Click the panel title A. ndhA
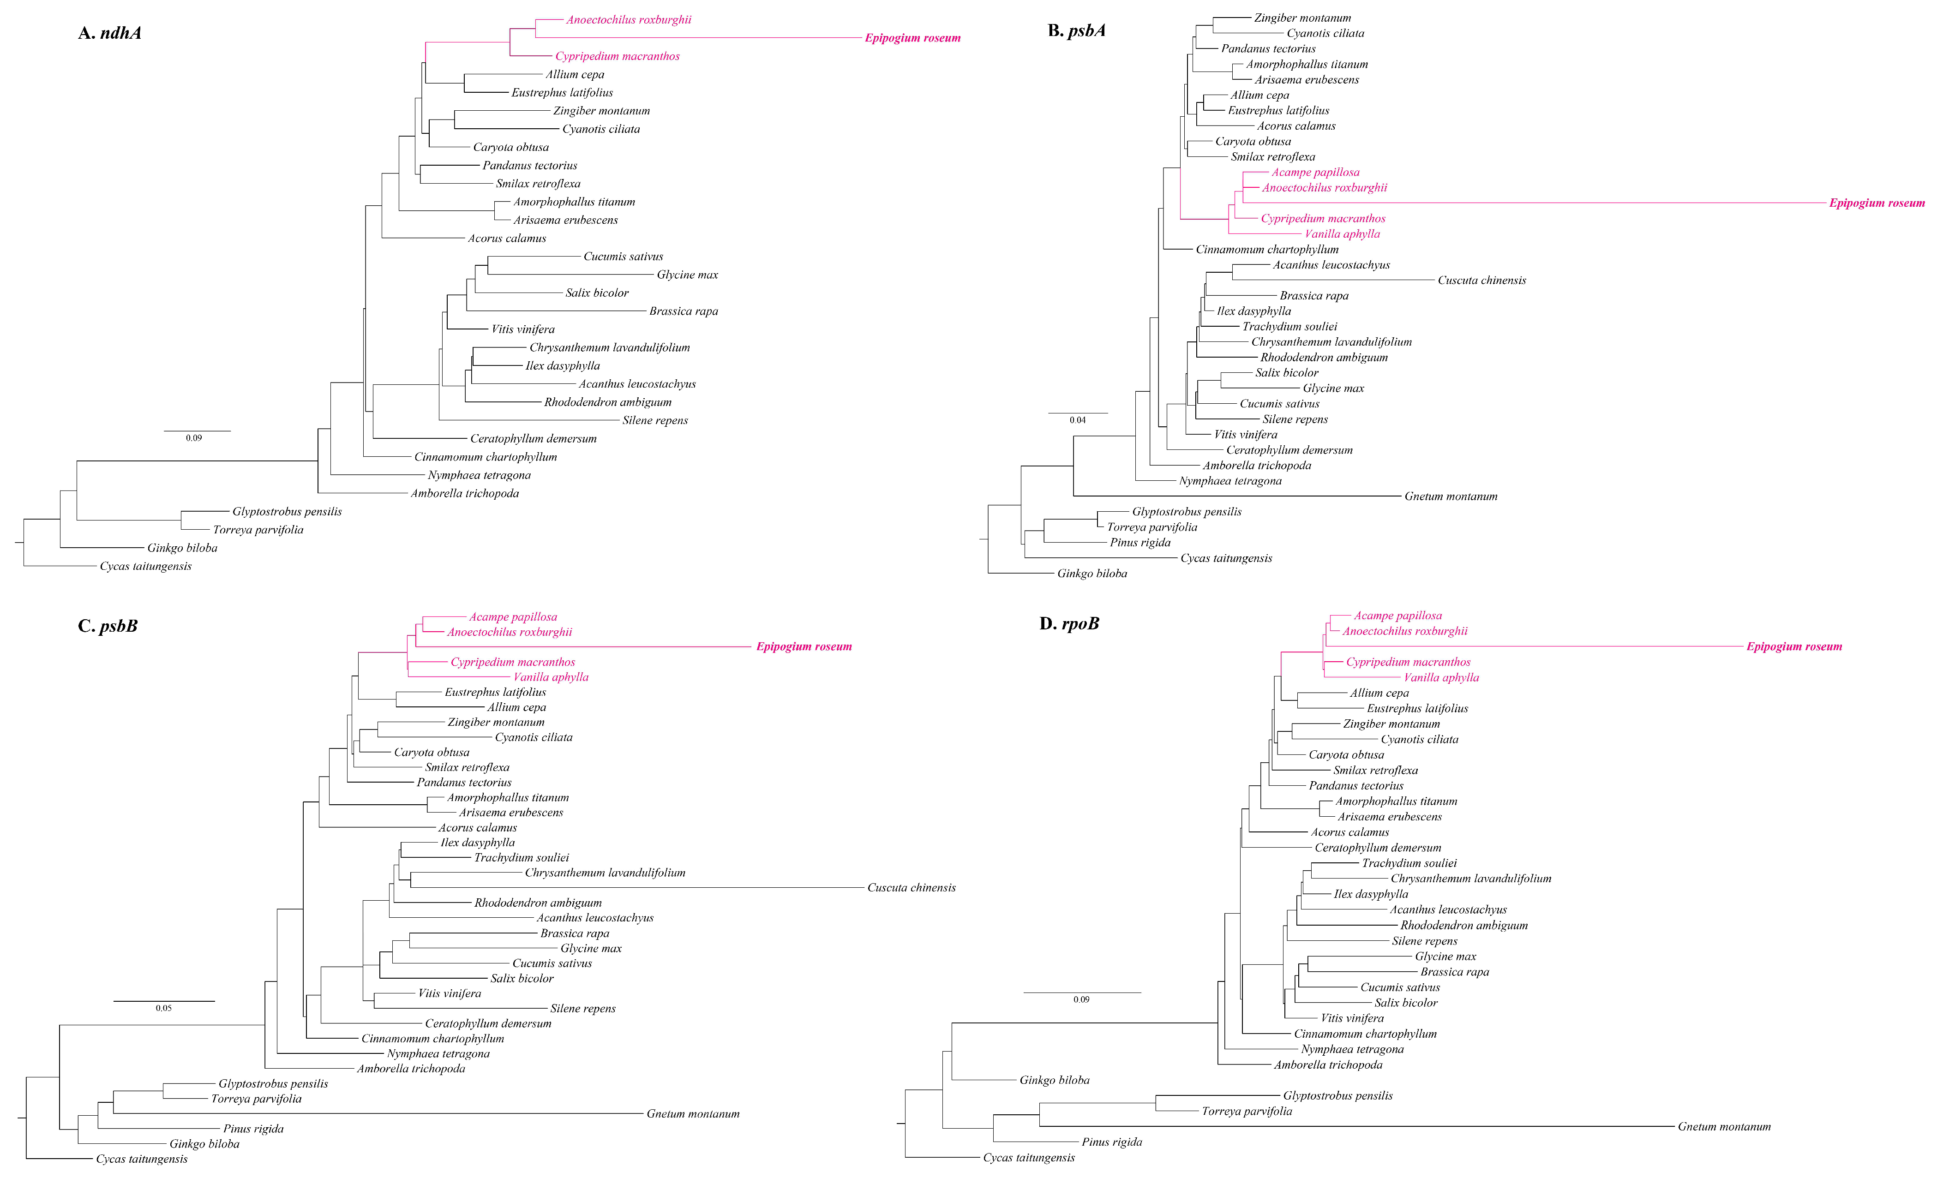[109, 33]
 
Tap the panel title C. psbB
[108, 626]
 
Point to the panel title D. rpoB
[1069, 624]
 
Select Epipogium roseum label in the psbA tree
[1877, 203]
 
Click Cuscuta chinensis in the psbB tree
[911, 888]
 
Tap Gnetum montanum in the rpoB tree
[1724, 1127]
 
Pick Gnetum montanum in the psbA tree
[1451, 496]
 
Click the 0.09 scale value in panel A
[193, 438]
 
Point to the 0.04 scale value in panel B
[1077, 420]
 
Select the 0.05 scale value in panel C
[163, 1008]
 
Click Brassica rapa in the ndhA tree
[683, 311]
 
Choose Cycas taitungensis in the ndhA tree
[145, 567]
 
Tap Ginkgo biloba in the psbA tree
[1092, 574]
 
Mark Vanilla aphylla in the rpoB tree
[1441, 677]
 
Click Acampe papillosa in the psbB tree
[513, 617]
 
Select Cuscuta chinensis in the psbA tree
[1481, 281]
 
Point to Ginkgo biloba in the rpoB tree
[1054, 1081]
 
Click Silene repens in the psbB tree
[582, 1009]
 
